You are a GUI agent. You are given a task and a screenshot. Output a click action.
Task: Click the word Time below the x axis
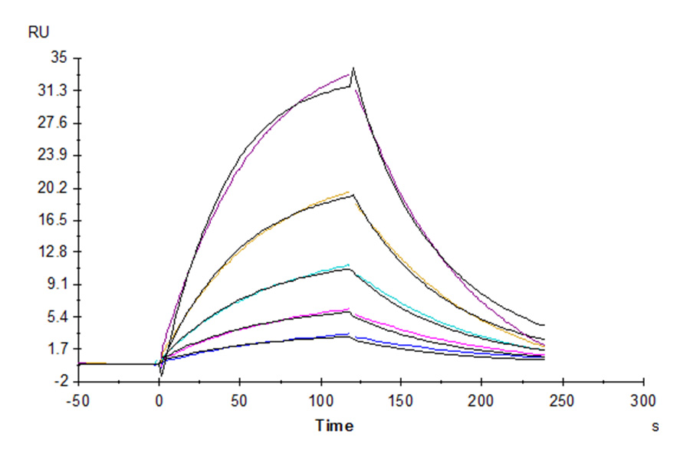pyautogui.click(x=334, y=426)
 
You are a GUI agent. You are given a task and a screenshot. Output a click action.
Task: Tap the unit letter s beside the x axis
pyautogui.click(x=655, y=426)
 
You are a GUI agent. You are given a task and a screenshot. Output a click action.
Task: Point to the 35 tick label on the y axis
pyautogui.click(x=59, y=58)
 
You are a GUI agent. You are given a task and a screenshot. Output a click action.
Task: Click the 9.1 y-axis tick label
pyautogui.click(x=57, y=284)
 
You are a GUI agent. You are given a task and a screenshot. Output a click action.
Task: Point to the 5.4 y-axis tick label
pyautogui.click(x=57, y=317)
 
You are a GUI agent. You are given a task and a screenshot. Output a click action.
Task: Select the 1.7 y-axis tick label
pyautogui.click(x=57, y=349)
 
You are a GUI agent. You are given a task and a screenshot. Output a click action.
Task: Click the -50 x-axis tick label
pyautogui.click(x=77, y=400)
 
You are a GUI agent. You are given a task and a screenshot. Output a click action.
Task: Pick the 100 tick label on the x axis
pyautogui.click(x=320, y=400)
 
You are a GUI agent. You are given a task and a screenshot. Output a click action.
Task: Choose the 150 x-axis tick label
pyautogui.click(x=401, y=400)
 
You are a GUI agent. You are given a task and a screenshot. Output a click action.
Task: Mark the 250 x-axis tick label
pyautogui.click(x=563, y=400)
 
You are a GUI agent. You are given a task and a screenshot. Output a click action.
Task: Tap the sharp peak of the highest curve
pyautogui.click(x=353, y=69)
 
